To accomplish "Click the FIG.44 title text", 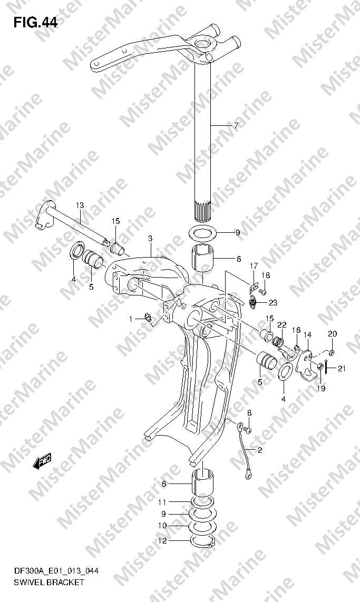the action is click(35, 23).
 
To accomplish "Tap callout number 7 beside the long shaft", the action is click(236, 125).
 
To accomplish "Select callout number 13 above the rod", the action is click(79, 205).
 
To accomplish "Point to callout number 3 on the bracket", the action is click(150, 239).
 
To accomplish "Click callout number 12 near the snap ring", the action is click(163, 541).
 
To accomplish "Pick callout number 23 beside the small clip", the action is click(273, 302).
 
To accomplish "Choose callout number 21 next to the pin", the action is click(342, 369).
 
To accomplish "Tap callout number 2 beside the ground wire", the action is click(260, 450).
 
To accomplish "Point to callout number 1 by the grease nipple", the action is click(131, 319).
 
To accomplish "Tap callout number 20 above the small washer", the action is click(333, 334).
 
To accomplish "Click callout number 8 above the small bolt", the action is click(249, 413).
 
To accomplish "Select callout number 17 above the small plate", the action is click(254, 265).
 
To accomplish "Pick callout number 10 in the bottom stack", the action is click(162, 526).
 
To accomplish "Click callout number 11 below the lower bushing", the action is click(162, 502).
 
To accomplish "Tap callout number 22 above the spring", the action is click(282, 325).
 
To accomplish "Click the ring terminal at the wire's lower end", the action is click(248, 477).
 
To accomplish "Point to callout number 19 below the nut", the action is click(321, 389).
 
